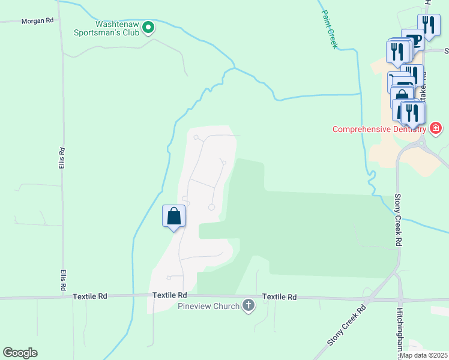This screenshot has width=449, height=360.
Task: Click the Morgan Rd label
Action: click(x=38, y=20)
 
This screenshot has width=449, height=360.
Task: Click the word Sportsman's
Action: click(x=114, y=32)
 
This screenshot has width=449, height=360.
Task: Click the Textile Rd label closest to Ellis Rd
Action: click(x=90, y=296)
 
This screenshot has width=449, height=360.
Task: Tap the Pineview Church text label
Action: click(x=208, y=307)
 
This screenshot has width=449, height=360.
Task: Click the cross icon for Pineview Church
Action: click(x=248, y=307)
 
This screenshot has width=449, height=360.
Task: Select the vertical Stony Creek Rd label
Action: click(x=398, y=220)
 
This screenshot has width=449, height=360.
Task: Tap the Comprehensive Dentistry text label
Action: click(x=379, y=129)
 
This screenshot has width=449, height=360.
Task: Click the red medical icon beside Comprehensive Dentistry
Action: click(x=436, y=128)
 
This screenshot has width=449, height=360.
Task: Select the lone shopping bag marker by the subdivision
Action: click(x=174, y=215)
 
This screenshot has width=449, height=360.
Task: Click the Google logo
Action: click(x=20, y=353)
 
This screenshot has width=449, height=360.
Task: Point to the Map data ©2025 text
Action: click(x=424, y=355)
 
